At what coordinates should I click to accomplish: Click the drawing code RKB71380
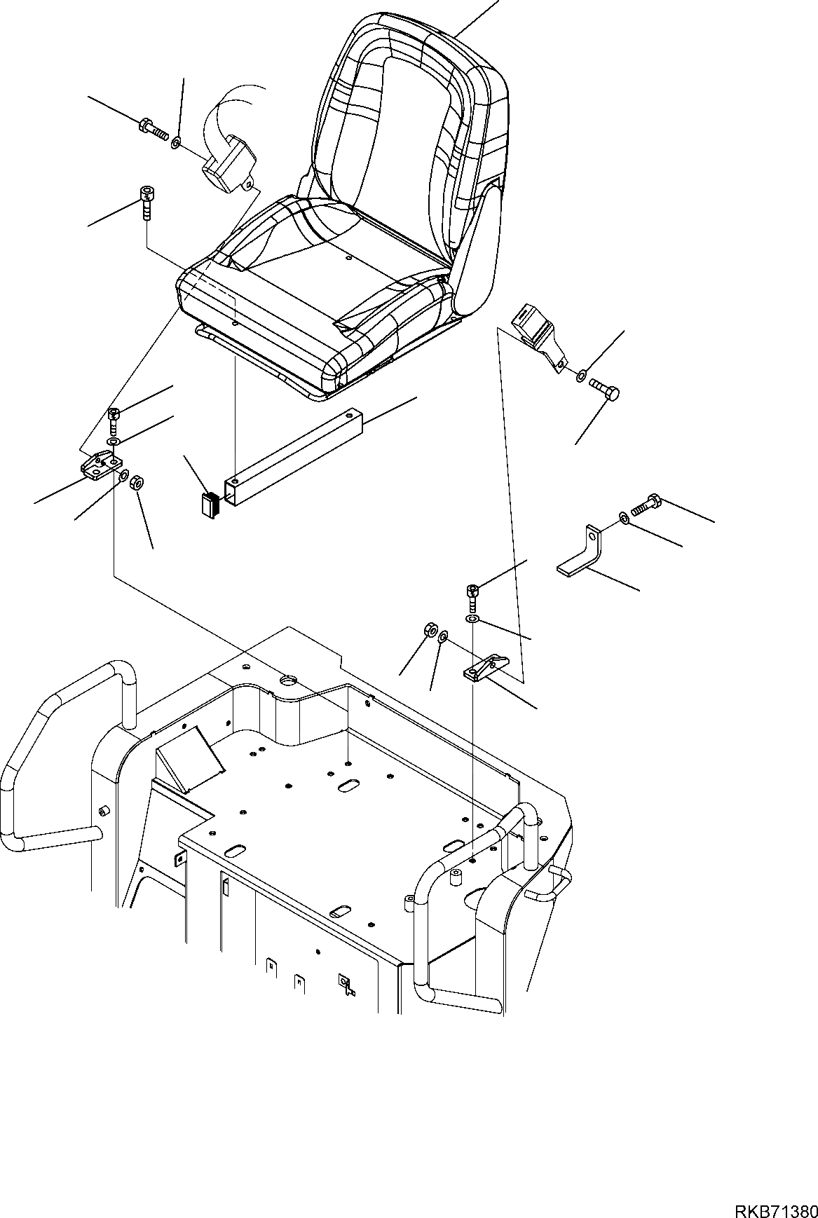(x=776, y=1192)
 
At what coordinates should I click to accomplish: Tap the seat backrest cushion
(x=414, y=133)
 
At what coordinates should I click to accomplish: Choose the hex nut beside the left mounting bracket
(x=138, y=481)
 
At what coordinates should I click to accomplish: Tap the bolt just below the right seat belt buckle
(x=604, y=388)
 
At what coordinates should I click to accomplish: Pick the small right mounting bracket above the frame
(x=487, y=669)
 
